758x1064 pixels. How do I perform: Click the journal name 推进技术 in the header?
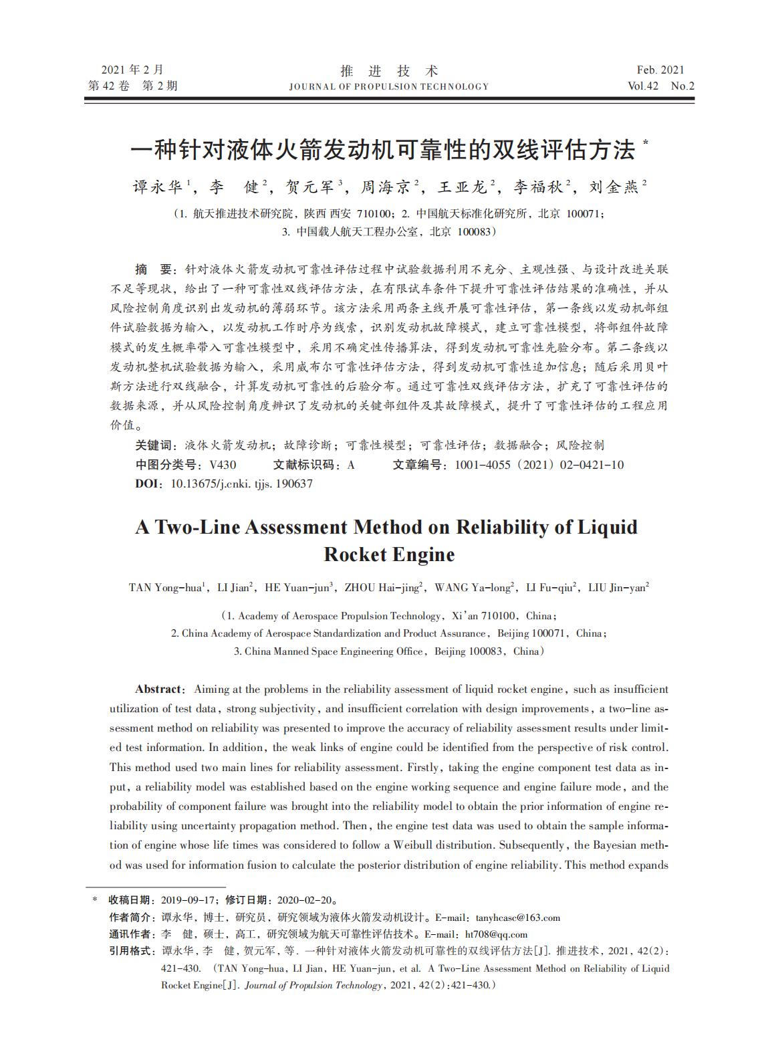[389, 71]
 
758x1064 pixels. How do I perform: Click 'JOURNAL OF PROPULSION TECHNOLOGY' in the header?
[389, 86]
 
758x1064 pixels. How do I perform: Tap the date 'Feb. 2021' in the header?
[660, 70]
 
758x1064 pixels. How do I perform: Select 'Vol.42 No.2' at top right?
[661, 86]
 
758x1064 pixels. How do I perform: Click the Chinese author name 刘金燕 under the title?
[614, 187]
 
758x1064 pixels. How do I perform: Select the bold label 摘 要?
[154, 270]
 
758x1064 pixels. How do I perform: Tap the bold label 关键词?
[155, 445]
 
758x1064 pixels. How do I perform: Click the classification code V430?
[223, 465]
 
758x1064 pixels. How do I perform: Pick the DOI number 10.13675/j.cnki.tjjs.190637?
[242, 484]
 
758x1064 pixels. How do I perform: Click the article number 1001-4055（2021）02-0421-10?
[539, 465]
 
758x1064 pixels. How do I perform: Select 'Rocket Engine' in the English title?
[389, 554]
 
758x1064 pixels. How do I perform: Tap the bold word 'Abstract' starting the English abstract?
[158, 689]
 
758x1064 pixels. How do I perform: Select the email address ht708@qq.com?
[496, 934]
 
